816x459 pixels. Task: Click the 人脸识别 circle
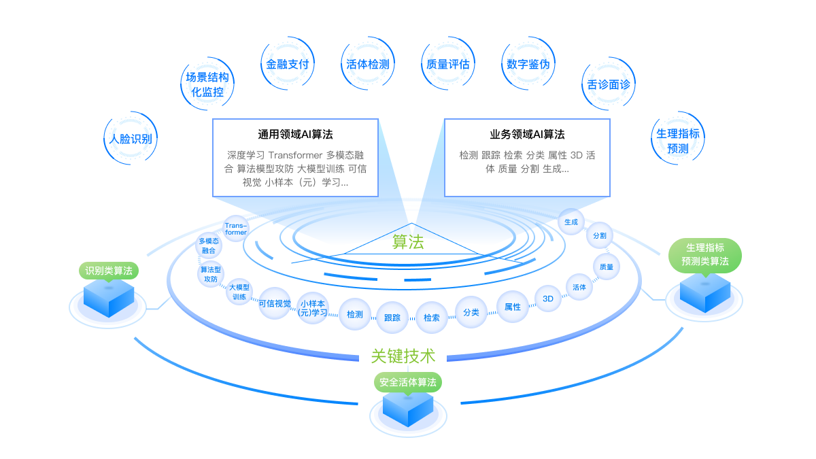pos(131,139)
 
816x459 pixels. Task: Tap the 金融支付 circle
pos(288,65)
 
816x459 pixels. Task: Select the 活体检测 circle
pos(367,65)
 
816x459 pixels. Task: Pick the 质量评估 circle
pos(447,65)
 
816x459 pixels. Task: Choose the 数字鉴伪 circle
pos(528,65)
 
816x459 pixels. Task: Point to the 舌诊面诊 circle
pos(609,85)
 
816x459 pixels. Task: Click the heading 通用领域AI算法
pos(295,135)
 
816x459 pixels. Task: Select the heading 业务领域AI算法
pos(527,135)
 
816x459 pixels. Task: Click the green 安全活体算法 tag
pos(408,381)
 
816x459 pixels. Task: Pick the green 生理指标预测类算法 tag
pos(705,255)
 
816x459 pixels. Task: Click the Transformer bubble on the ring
pos(236,228)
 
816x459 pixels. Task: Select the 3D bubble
pos(548,298)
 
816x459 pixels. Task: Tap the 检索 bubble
pos(431,318)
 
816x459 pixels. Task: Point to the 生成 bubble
pos(571,222)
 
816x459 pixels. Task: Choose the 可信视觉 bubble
pos(275,303)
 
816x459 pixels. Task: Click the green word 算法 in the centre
pos(408,242)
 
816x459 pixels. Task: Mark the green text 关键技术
pos(403,356)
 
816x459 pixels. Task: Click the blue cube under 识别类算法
pos(108,298)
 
